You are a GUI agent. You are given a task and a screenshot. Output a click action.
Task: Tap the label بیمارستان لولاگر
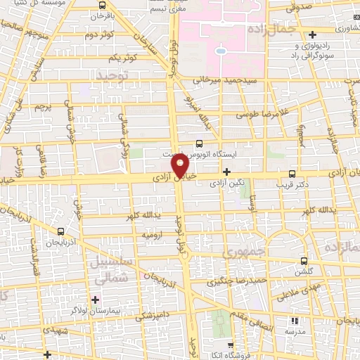tap(122, 309)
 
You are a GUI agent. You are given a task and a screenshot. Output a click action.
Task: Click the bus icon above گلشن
tap(304, 259)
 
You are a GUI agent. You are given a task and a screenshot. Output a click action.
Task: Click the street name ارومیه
tap(153, 233)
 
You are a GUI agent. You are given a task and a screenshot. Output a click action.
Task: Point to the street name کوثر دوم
tap(100, 34)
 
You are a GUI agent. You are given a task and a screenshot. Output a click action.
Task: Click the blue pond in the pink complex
tap(220, 51)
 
